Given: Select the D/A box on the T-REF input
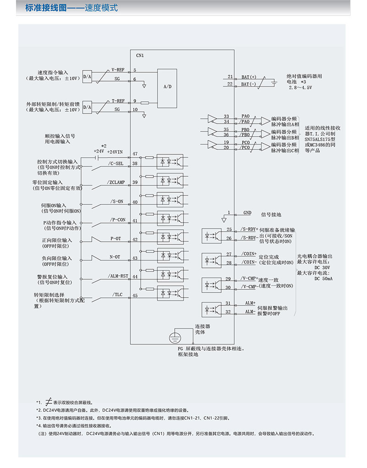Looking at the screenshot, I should tap(87, 107).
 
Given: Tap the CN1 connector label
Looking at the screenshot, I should tap(140, 55).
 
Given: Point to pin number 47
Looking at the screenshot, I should tap(135, 153).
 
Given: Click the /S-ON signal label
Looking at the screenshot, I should tap(117, 201).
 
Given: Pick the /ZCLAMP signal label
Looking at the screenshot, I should tap(116, 182).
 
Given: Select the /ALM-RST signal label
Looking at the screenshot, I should tap(118, 277).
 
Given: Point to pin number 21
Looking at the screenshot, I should tap(230, 77).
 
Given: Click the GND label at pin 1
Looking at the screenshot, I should tap(247, 213).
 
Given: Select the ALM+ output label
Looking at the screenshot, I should tap(250, 303).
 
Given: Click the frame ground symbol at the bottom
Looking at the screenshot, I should tap(173, 337).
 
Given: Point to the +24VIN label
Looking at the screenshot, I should tap(115, 151).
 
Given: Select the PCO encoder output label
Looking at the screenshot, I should tap(245, 142).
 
